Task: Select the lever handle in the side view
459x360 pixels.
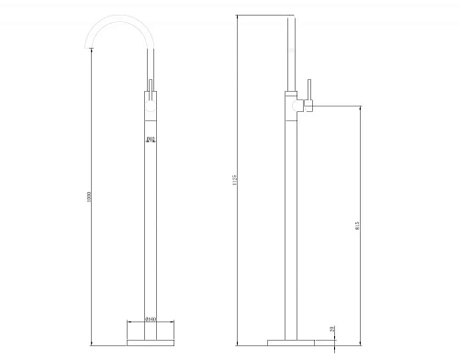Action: pos(309,92)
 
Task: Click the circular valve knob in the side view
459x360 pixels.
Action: pos(296,108)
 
